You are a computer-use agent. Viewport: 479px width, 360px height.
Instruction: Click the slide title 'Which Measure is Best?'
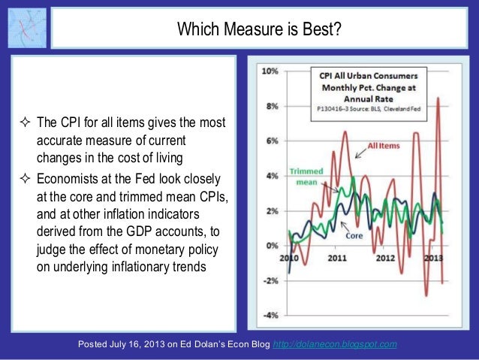(258, 31)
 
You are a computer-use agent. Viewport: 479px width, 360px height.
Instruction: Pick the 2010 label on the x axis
(289, 258)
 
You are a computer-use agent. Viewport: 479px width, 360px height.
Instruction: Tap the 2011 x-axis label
(337, 258)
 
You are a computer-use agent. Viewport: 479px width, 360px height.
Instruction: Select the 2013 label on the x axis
(433, 258)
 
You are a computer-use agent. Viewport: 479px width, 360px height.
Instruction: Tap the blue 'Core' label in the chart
(354, 235)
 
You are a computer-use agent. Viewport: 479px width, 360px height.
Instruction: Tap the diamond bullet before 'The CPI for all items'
(26, 123)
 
